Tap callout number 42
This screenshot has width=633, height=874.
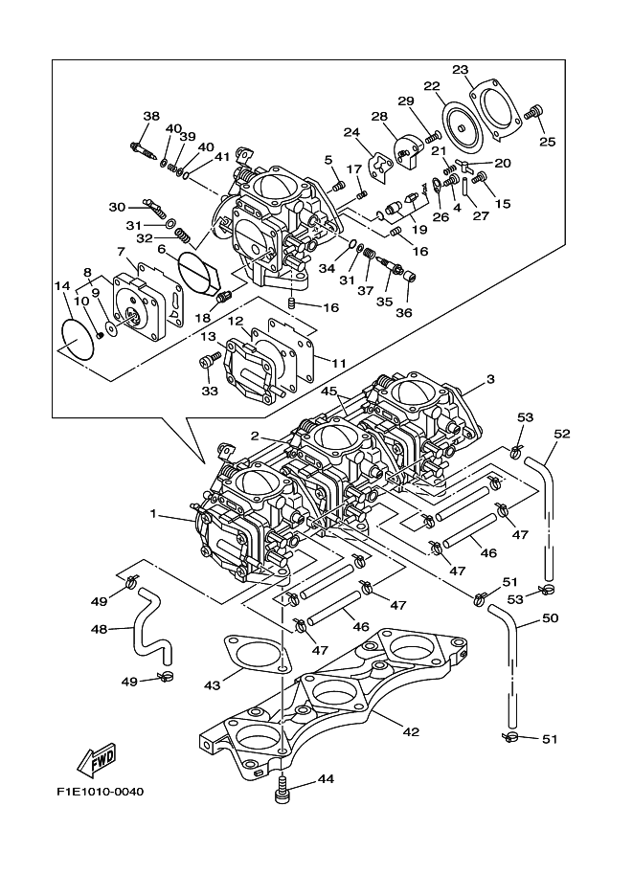pos(410,732)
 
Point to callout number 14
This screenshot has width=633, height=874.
pos(62,285)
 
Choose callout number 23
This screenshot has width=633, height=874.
pos(461,70)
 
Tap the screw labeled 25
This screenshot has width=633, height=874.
pos(535,116)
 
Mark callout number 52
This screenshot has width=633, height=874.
pos(562,434)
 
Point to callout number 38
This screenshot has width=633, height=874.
pos(151,117)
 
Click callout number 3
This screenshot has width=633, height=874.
pos(489,380)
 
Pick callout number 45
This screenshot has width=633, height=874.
pos(328,392)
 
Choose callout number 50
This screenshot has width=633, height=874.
pos(550,618)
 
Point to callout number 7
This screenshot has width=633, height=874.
pos(123,252)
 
